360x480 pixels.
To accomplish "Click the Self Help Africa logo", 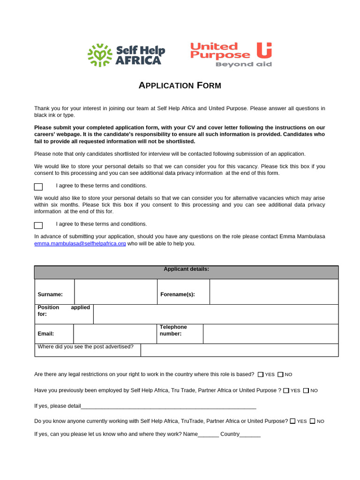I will [126, 55].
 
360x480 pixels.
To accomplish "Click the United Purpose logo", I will [231, 54].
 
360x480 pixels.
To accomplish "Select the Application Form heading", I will [180, 85].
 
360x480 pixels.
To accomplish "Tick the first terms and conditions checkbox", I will [38, 187].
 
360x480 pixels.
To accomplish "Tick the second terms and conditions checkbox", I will [38, 225].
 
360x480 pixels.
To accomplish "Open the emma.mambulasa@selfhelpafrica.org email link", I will [80, 244].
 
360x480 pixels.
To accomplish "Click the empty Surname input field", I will [115, 292].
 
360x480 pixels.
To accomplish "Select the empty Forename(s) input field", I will [274, 292].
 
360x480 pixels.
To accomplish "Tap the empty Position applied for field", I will [216, 314].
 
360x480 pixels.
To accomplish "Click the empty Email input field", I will [114, 334].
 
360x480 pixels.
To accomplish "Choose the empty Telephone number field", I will [270, 334].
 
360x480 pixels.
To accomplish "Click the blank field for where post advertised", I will [239, 350].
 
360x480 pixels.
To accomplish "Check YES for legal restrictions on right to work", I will [261, 375].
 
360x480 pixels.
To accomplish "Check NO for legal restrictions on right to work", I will [280, 375].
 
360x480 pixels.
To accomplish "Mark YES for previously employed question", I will [286, 390].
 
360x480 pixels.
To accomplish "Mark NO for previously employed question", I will [306, 390].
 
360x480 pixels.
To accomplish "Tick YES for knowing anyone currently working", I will [292, 421].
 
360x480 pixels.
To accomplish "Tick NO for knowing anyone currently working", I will [313, 421].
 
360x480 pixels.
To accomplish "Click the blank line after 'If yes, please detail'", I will [169, 406].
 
